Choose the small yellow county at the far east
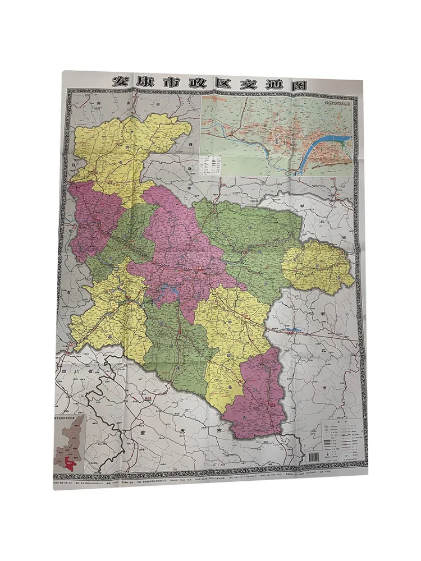(x=317, y=267)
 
